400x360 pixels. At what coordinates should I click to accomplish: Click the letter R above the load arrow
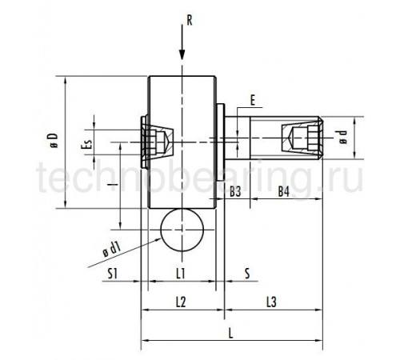tap(190, 20)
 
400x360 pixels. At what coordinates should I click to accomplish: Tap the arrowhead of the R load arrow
tap(182, 54)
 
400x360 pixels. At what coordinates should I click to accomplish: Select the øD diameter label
tap(53, 140)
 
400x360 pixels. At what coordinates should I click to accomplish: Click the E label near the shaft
tap(253, 101)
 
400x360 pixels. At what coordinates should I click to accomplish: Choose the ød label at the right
tap(343, 137)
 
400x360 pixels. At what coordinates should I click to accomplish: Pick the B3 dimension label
tap(235, 191)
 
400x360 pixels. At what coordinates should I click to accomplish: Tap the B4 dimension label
tap(284, 191)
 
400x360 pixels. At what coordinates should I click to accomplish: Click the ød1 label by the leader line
tap(112, 250)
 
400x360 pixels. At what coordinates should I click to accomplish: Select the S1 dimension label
tap(113, 274)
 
